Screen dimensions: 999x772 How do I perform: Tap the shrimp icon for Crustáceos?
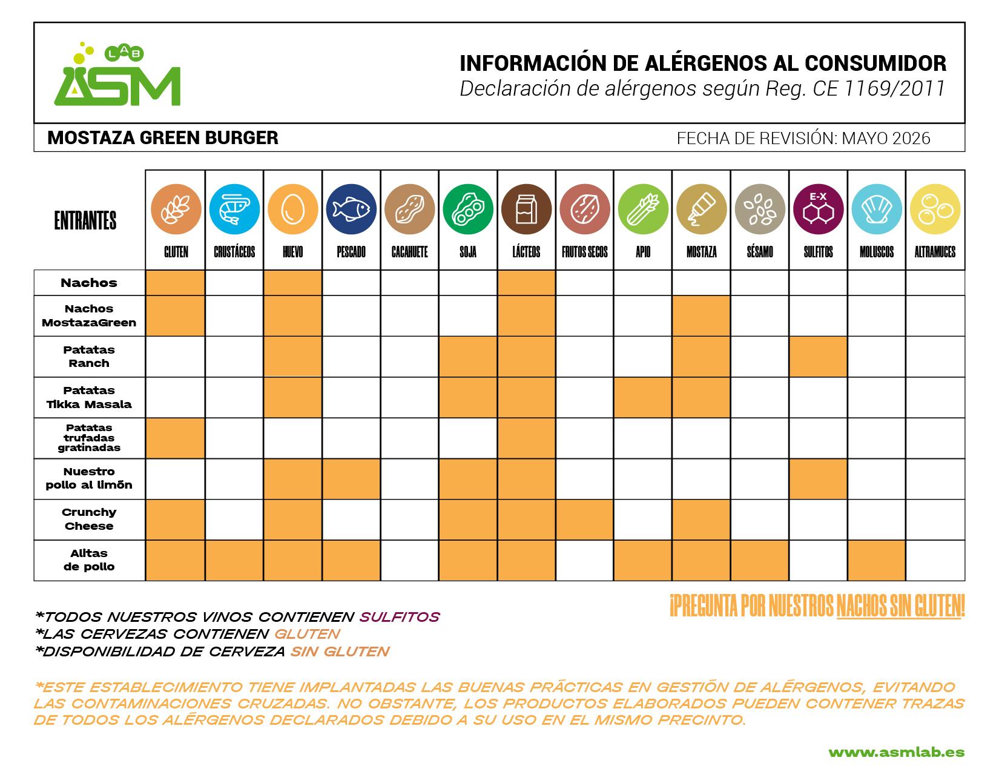(x=234, y=209)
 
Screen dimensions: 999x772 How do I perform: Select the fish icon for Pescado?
(x=351, y=209)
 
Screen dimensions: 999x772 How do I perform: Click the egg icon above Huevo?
(x=293, y=209)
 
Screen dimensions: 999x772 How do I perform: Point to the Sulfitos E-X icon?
(x=819, y=209)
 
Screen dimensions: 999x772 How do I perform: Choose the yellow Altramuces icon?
(x=935, y=209)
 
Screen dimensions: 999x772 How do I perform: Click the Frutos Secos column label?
(x=585, y=252)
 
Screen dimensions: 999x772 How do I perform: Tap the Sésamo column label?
(x=760, y=252)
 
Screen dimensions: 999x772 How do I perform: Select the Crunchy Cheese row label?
(x=89, y=519)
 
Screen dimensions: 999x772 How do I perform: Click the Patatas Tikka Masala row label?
(x=89, y=397)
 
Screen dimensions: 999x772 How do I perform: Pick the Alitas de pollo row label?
(x=89, y=560)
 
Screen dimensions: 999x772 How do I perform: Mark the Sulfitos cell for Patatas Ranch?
(x=819, y=357)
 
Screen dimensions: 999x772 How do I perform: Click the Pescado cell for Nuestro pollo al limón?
(x=351, y=479)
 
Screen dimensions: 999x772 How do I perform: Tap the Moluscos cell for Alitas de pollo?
(x=877, y=561)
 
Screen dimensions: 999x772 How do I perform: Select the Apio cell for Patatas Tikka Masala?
(x=643, y=398)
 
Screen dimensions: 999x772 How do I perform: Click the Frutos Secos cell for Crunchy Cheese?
(x=585, y=520)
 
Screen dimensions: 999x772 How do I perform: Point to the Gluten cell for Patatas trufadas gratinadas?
(x=175, y=438)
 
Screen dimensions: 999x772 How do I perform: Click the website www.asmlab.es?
(x=897, y=753)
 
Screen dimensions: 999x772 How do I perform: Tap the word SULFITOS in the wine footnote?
(x=400, y=617)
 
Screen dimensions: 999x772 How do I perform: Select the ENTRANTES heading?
(x=85, y=220)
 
